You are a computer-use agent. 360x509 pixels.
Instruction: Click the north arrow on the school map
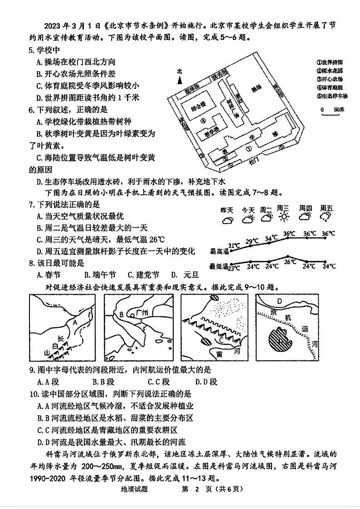(180, 79)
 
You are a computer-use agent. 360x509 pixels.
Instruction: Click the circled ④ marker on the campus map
(204, 121)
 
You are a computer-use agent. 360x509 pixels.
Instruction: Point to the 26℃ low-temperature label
(289, 262)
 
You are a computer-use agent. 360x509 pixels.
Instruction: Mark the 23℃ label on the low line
(234, 268)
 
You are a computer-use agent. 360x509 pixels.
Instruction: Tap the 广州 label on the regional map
(142, 313)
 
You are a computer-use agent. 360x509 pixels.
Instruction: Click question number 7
(32, 205)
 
